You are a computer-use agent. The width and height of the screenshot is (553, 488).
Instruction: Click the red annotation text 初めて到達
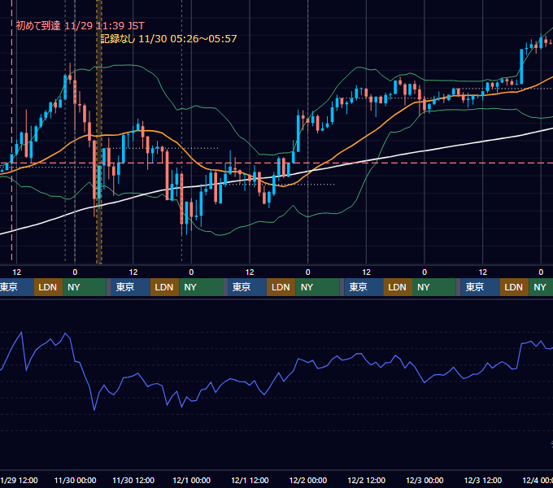38,26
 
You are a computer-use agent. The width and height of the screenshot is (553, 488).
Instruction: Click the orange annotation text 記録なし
117,39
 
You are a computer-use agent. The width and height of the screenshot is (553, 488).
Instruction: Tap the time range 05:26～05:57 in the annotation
203,39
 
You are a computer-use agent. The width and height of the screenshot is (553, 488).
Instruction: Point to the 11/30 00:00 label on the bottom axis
75,480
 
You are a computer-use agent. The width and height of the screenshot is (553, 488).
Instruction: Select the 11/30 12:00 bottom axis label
133,480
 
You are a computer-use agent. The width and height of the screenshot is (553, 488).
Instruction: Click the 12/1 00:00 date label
191,480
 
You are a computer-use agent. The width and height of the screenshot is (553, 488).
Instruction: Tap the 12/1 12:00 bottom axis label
250,480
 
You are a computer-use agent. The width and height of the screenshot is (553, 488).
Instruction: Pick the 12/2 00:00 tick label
308,480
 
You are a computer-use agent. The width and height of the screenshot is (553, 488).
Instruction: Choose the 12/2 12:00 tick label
367,480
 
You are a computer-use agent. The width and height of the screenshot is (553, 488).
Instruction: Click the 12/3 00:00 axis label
425,480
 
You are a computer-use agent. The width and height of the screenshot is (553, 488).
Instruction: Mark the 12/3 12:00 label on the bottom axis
483,480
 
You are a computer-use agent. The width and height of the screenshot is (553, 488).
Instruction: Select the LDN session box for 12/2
398,287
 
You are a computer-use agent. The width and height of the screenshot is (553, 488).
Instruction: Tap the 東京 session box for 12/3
480,287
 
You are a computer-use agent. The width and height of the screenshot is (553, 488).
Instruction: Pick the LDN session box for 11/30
164,287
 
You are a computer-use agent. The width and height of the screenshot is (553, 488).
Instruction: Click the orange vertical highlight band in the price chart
99,132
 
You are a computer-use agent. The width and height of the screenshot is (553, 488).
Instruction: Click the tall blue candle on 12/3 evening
521,67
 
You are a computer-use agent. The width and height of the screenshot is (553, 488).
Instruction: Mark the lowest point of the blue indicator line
94,410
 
